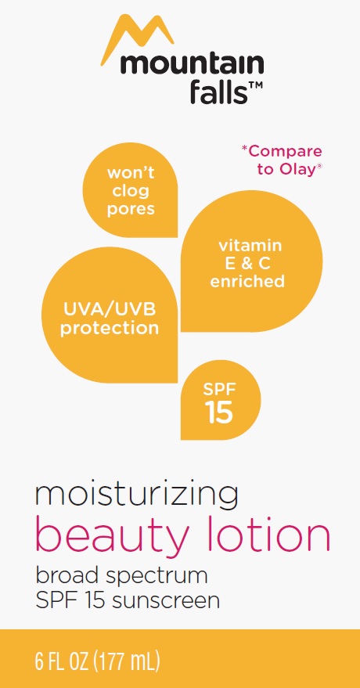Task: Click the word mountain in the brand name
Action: click(192, 64)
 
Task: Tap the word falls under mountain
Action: click(216, 92)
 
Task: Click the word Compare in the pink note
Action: click(284, 152)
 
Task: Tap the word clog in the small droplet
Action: click(131, 191)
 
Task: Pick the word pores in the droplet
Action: click(131, 209)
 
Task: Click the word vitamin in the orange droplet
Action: click(250, 245)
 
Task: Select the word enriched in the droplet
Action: click(247, 281)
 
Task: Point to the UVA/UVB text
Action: click(110, 310)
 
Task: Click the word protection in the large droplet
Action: click(110, 329)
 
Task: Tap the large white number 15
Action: click(220, 413)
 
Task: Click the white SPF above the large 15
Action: click(220, 389)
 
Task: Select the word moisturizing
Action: click(137, 495)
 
